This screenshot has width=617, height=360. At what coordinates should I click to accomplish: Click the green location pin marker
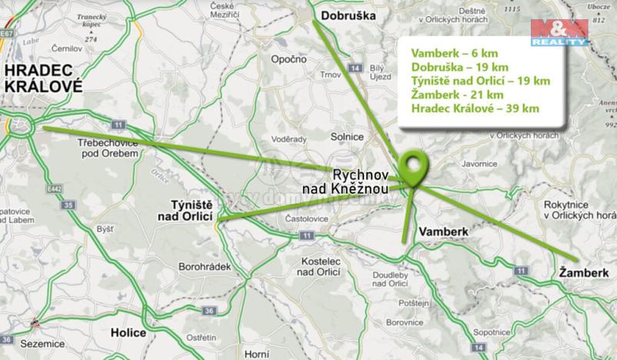point(415,167)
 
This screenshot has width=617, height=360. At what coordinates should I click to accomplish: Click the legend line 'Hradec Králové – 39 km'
point(475,109)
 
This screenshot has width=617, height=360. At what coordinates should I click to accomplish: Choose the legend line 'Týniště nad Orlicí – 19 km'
point(481,81)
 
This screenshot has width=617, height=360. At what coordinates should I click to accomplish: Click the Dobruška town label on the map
point(347,15)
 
